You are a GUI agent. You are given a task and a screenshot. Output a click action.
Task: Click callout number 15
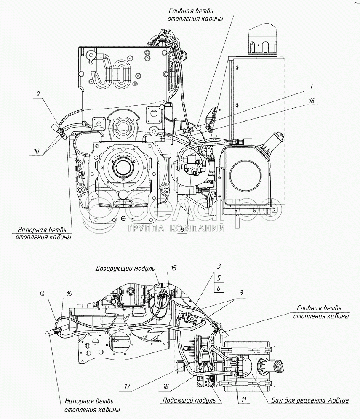(173, 267)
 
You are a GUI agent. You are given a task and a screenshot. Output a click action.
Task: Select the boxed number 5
(219, 278)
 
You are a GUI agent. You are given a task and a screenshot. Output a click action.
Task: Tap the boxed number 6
(219, 288)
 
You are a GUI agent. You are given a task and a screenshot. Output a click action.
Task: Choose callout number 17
(127, 386)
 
